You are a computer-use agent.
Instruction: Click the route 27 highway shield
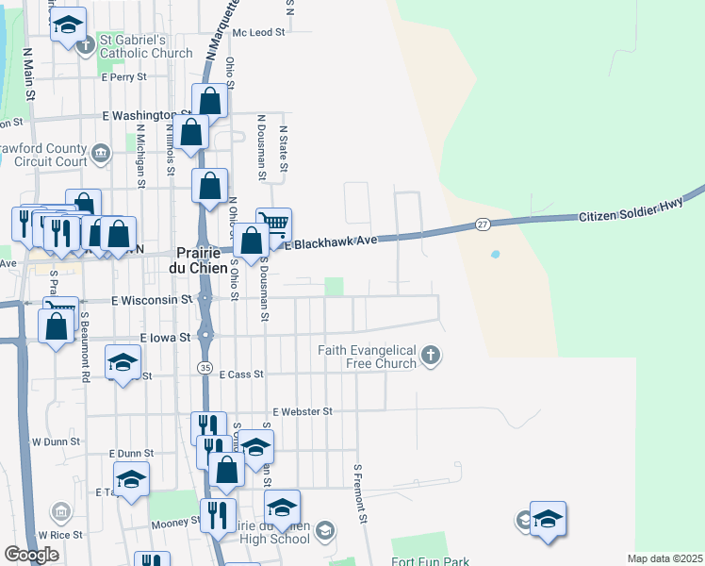coord(483,224)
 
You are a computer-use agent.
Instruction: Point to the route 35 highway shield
coord(204,366)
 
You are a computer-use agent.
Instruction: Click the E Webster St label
coord(303,411)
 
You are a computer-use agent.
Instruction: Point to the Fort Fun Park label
coord(431,562)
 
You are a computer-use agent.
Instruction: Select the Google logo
coord(31,555)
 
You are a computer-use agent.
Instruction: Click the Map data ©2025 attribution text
coord(664,558)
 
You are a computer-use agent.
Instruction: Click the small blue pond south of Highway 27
coord(495,255)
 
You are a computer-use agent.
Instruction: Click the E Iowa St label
coord(165,337)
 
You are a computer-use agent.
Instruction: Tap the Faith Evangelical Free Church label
coord(367,357)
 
